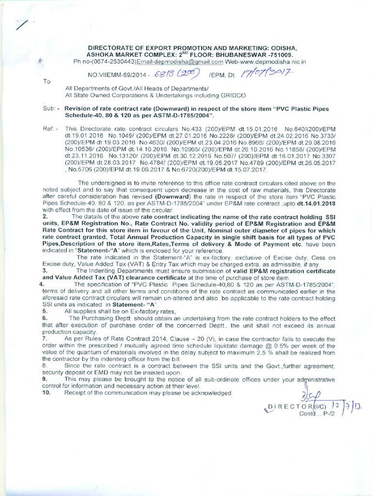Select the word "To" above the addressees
pyautogui.click(x=47, y=81)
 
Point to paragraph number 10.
pyautogui.click(x=46, y=392)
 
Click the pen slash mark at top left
pyautogui.click(x=21, y=25)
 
